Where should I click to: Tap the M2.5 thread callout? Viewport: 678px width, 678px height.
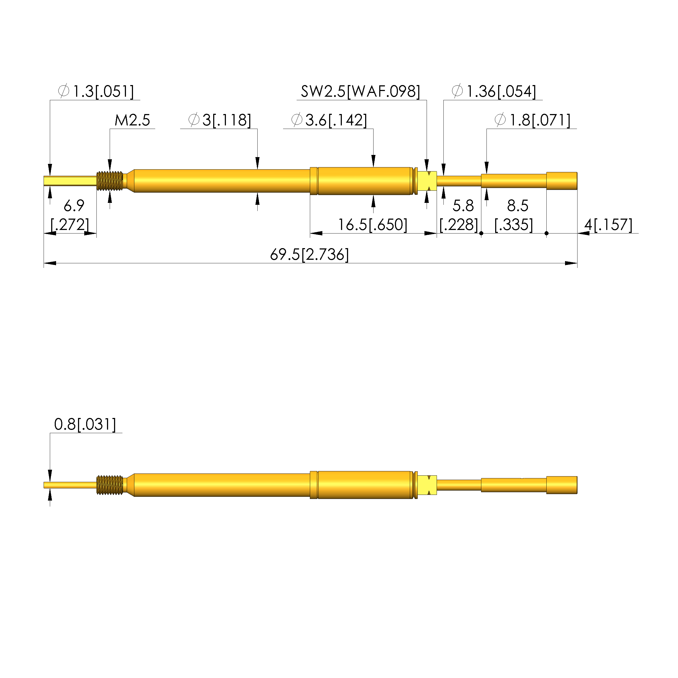click(132, 120)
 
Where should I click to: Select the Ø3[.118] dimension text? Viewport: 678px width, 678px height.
click(220, 120)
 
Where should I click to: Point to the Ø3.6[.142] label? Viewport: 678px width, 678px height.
click(329, 120)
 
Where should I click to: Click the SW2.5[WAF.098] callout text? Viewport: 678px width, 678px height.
click(361, 91)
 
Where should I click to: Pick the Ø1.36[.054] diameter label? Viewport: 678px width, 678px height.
click(494, 91)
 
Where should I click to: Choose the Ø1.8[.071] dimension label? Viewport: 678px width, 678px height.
click(532, 120)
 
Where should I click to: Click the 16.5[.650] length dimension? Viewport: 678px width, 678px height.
click(373, 225)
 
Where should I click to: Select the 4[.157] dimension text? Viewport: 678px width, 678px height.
click(608, 225)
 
